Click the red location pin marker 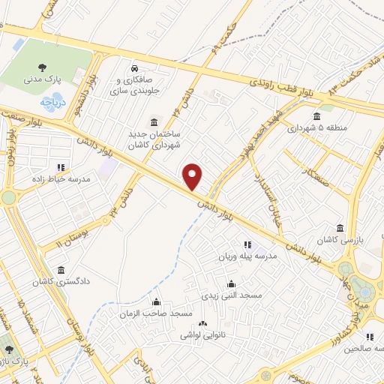[193, 176]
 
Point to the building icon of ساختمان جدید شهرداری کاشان [154, 122]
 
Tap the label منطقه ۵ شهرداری [316, 127]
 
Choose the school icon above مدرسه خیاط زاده [61, 167]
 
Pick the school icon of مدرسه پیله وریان [247, 244]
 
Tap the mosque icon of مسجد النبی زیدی [230, 283]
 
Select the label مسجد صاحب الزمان [156, 313]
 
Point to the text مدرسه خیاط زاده [68, 180]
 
